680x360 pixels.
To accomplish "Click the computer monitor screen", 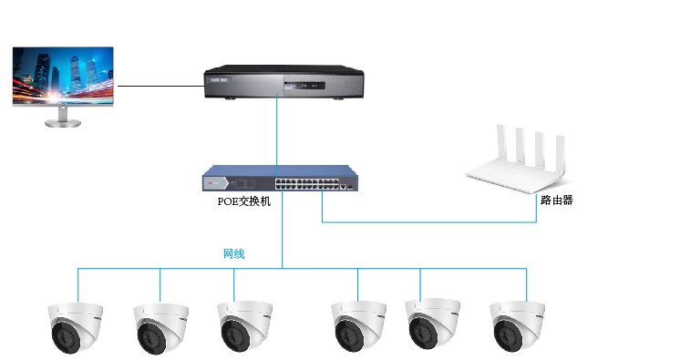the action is [x=63, y=76].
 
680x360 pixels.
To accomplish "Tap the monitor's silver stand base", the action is [x=63, y=124].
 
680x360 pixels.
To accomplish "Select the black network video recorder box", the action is [x=283, y=82].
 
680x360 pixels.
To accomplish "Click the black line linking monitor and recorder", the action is [x=160, y=86].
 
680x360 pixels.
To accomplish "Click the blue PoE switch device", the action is [x=280, y=179].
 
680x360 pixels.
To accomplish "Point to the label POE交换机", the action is [x=243, y=201].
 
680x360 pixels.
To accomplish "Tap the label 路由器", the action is [x=557, y=200].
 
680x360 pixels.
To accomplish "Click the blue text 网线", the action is [x=233, y=253].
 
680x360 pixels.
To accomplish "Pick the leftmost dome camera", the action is [x=75, y=327].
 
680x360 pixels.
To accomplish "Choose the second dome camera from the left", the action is [x=160, y=329].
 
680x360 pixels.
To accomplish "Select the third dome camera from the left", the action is [x=244, y=326].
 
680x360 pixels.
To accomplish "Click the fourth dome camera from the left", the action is [x=358, y=327].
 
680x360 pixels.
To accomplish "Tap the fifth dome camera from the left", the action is [x=433, y=324].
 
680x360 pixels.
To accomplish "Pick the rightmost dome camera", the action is [x=518, y=326].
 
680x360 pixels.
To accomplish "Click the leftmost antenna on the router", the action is [x=501, y=141].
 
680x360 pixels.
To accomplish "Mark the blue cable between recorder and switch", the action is [x=277, y=130].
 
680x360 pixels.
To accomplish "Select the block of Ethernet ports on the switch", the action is [x=306, y=183].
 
